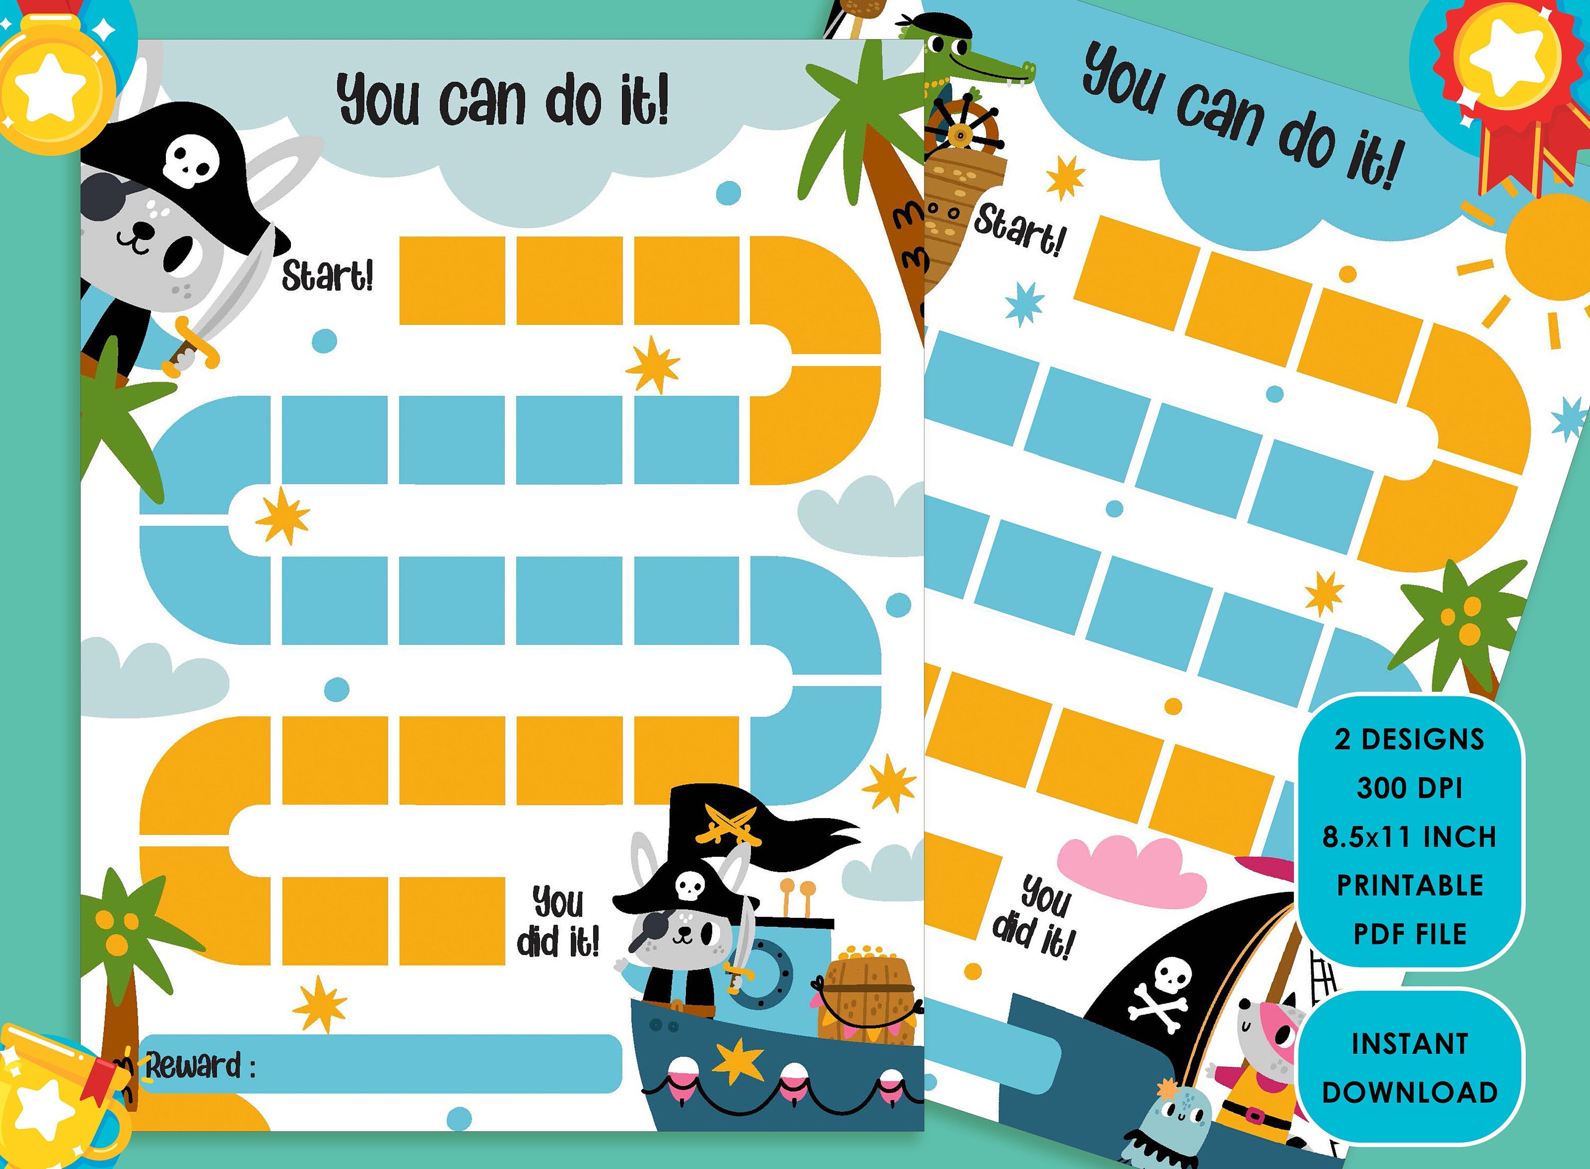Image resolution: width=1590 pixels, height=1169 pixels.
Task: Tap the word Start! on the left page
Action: coord(327,275)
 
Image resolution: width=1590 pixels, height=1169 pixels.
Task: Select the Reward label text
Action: coord(200,1065)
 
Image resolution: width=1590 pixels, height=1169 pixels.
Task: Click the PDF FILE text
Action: coord(1410,934)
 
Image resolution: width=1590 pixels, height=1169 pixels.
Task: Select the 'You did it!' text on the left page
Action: coord(558,922)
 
